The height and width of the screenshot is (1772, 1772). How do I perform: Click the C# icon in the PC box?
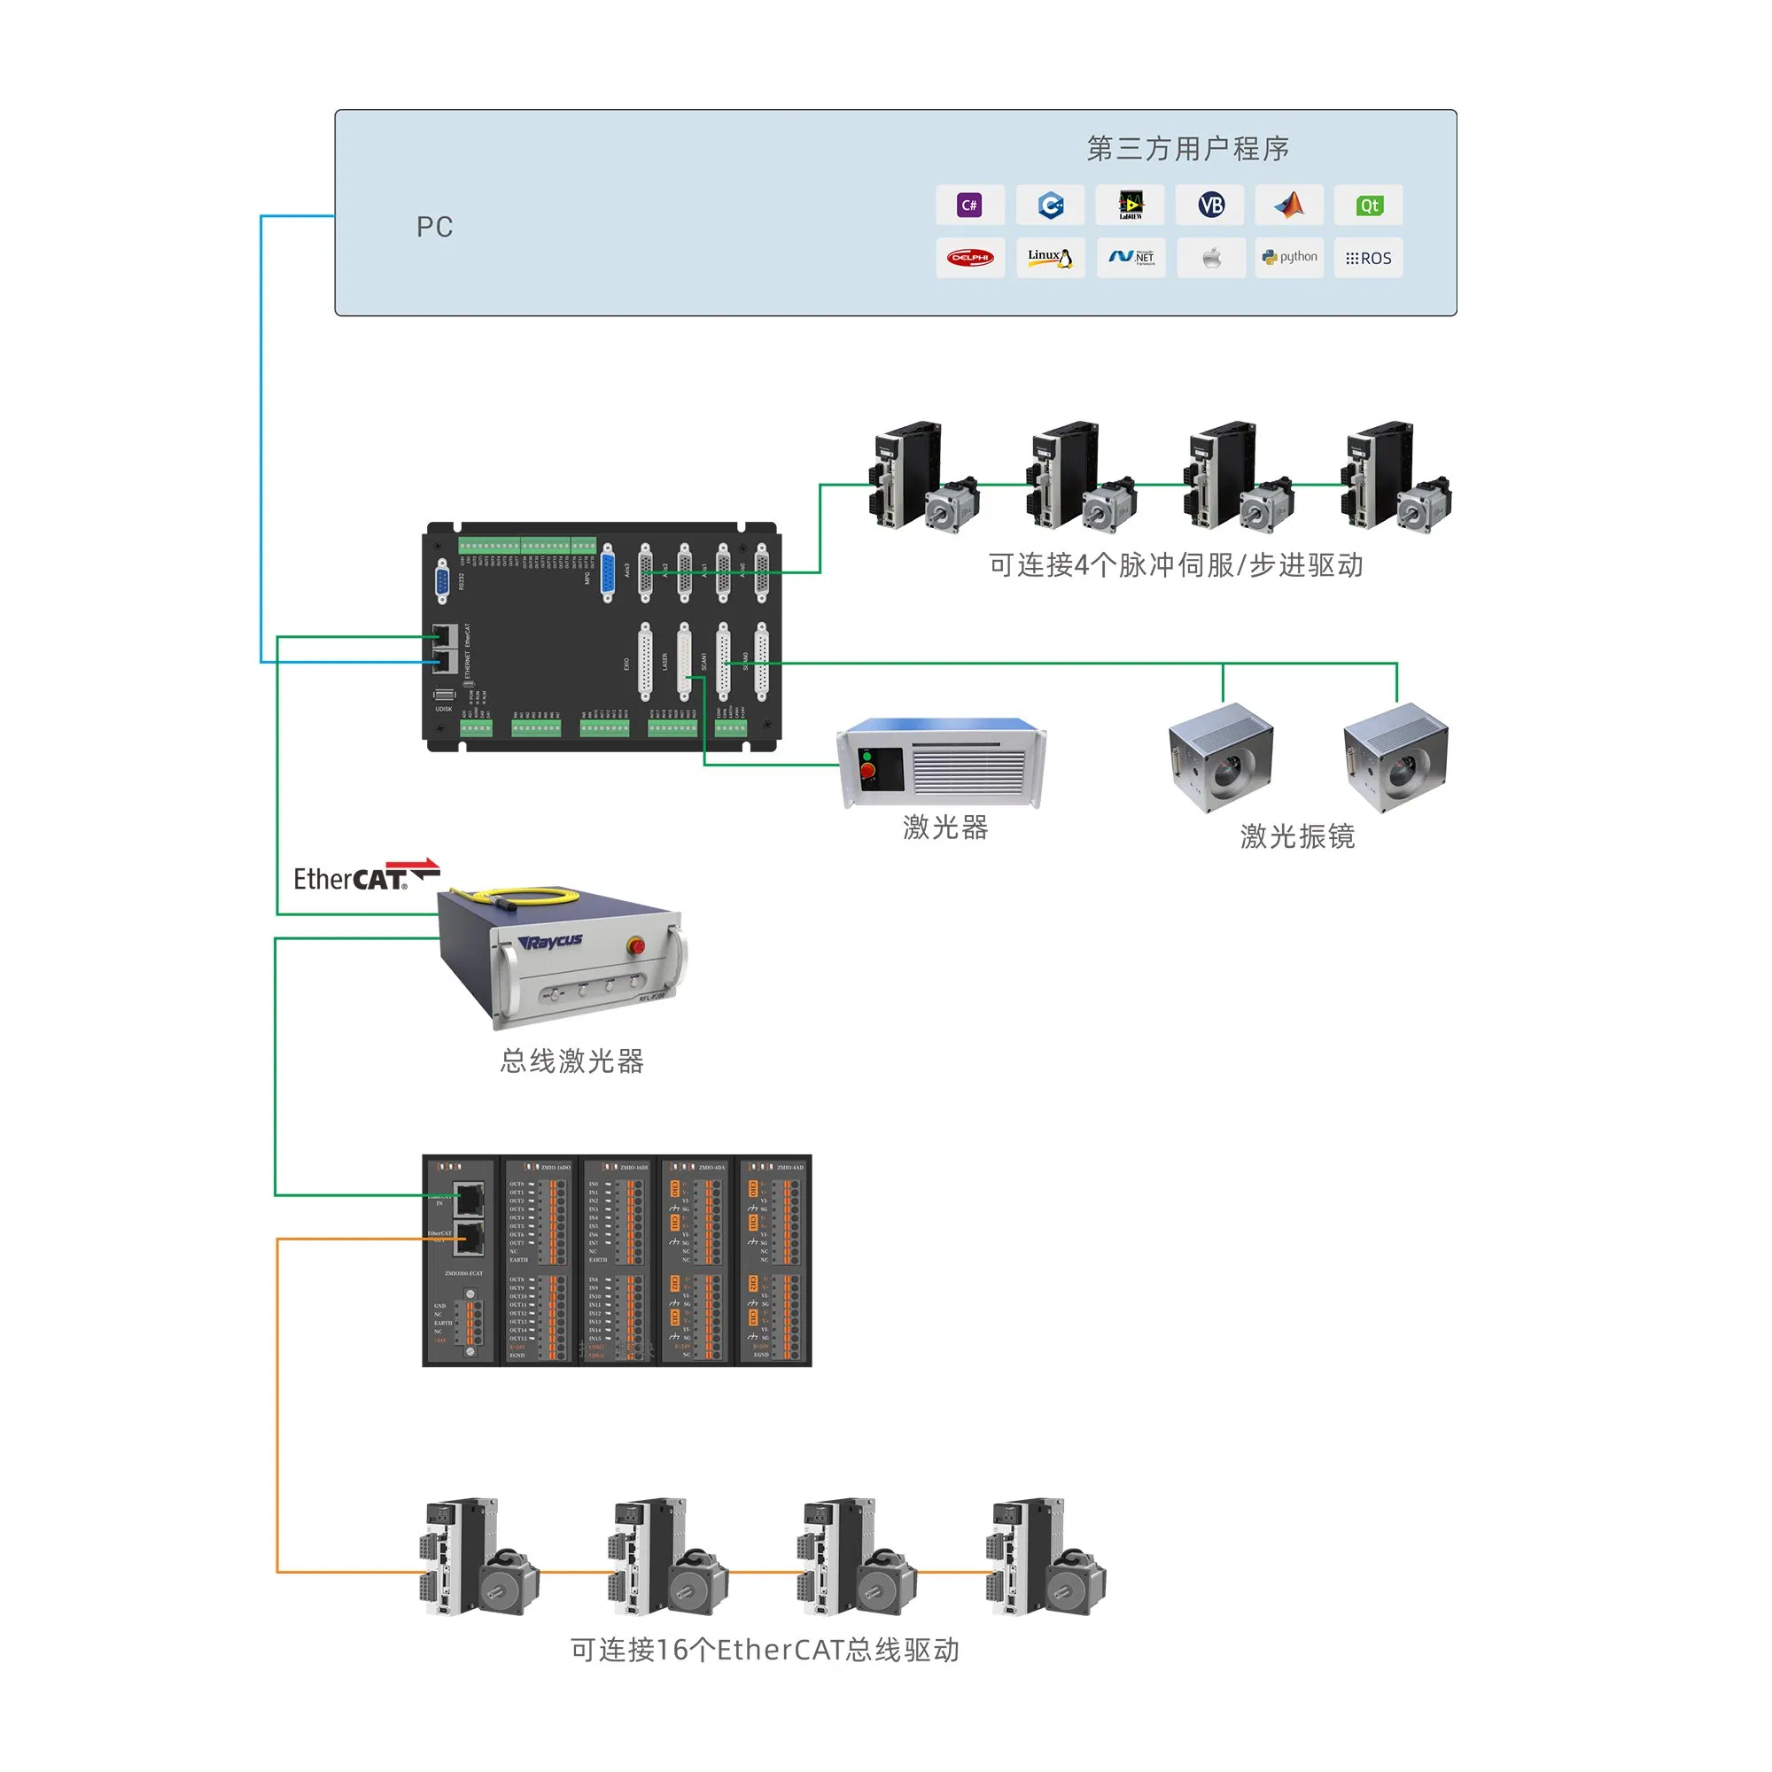tap(969, 206)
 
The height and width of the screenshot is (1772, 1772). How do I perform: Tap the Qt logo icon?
tap(1369, 206)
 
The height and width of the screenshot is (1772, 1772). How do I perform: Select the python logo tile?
tap(1288, 258)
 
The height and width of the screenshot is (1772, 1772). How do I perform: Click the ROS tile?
tap(1369, 259)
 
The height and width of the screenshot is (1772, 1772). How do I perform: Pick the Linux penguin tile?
tap(1050, 258)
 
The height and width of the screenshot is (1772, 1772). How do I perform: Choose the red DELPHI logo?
tap(969, 258)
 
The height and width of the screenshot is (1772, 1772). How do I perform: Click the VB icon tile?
tap(1210, 206)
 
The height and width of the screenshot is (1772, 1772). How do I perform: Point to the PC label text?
tap(435, 228)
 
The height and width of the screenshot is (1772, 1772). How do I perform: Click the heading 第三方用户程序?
tap(1188, 149)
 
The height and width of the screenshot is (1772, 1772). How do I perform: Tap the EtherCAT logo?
tap(364, 876)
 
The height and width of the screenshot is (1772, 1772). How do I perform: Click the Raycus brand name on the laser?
tap(550, 942)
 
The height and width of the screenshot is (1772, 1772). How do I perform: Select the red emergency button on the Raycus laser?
tap(634, 945)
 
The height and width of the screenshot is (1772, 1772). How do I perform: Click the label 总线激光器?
tap(571, 1061)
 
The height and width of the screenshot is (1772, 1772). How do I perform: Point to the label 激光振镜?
tap(1297, 835)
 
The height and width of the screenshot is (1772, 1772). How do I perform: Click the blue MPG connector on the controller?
tap(607, 574)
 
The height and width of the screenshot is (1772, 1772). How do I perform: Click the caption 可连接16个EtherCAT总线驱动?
tap(765, 1650)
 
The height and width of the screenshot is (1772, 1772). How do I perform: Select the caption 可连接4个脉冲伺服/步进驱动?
tap(1176, 565)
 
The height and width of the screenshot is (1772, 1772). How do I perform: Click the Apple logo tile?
tap(1210, 258)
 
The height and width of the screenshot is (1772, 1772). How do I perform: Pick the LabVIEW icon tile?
tap(1130, 206)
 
